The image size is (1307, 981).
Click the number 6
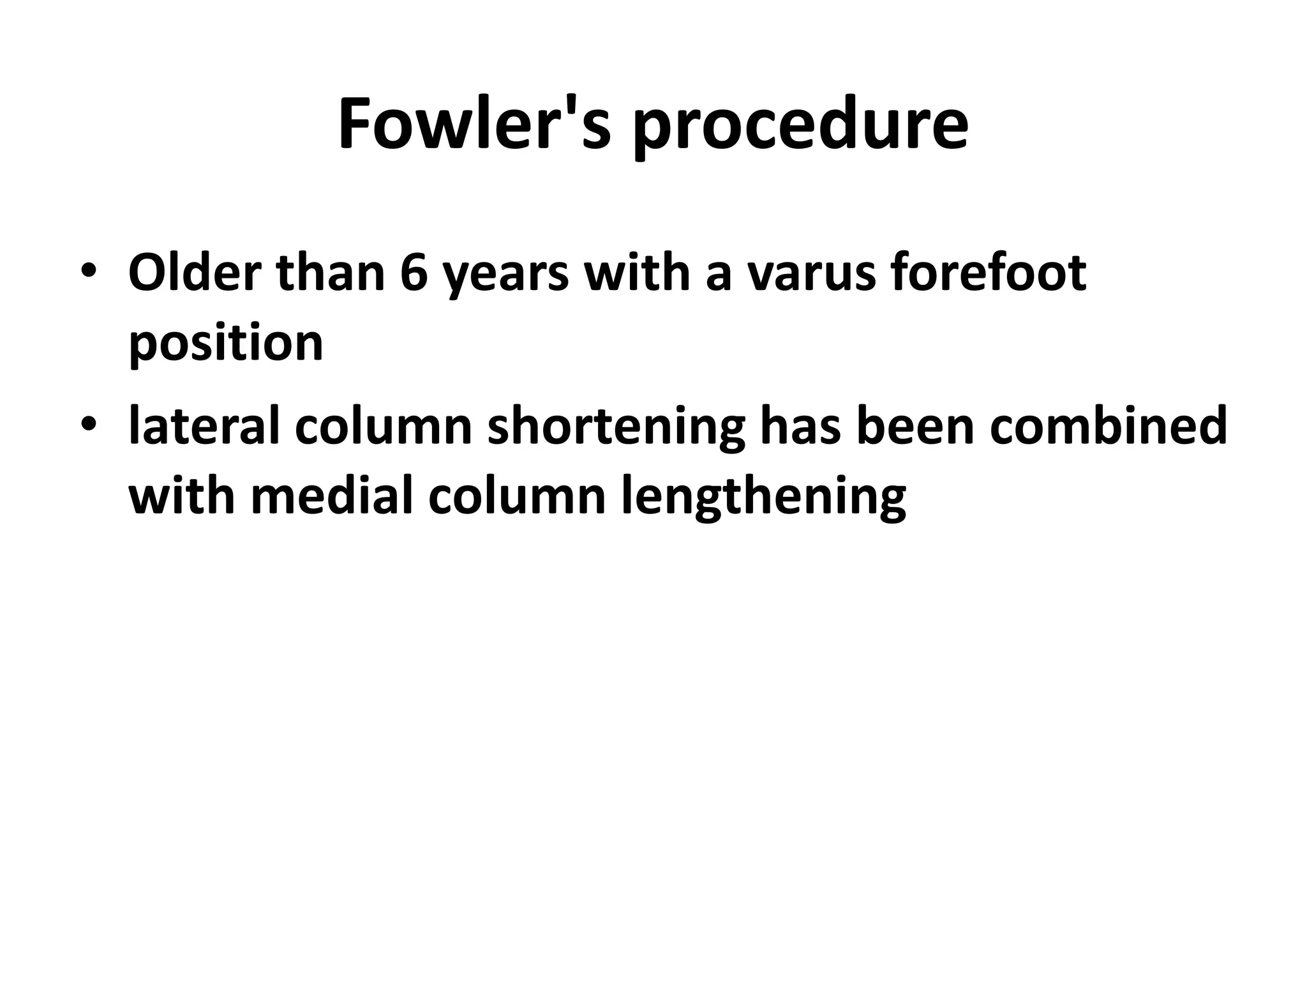click(x=414, y=273)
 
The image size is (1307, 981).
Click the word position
click(x=226, y=345)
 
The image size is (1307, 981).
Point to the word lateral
click(x=204, y=426)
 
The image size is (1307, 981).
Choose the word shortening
click(x=616, y=429)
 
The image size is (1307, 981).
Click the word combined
click(x=1108, y=426)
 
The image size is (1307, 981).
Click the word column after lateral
click(x=383, y=426)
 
